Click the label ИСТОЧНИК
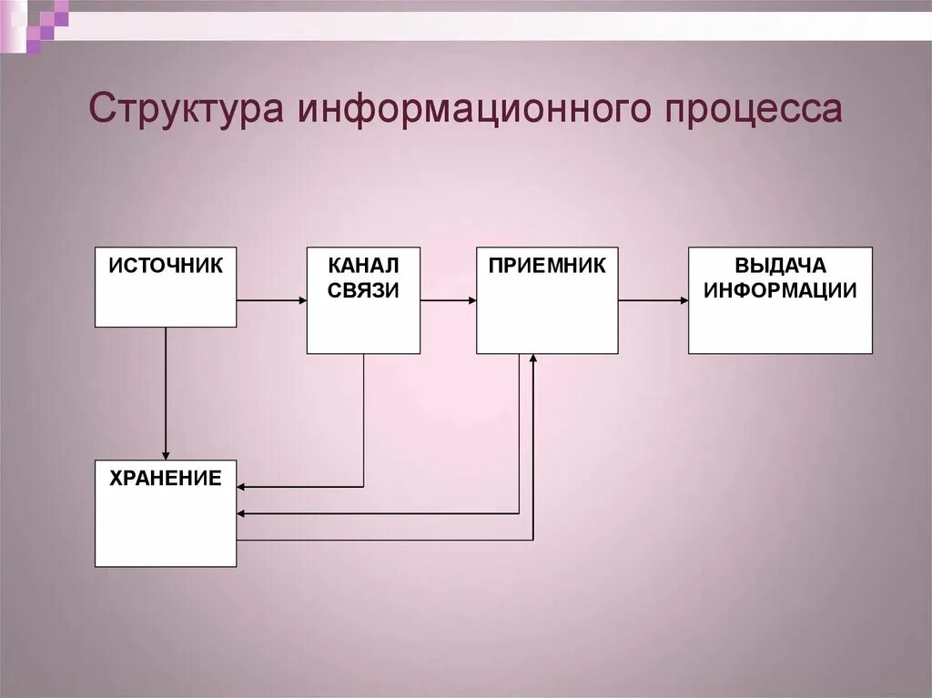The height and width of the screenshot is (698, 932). (x=166, y=266)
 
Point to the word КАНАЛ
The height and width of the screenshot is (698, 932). (x=363, y=266)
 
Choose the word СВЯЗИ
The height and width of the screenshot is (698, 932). (x=363, y=289)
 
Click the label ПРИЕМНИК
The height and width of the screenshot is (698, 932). (x=546, y=266)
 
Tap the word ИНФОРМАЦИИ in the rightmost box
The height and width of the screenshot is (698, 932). (x=780, y=290)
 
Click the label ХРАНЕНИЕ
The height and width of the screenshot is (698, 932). (x=166, y=479)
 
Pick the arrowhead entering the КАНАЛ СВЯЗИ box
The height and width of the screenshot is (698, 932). (x=301, y=299)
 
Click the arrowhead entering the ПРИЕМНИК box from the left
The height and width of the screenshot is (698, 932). (x=471, y=299)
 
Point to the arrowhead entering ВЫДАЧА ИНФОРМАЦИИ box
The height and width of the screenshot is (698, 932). (x=683, y=299)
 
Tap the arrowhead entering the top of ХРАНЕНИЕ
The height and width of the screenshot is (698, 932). (x=166, y=455)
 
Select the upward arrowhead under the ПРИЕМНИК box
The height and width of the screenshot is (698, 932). (x=532, y=359)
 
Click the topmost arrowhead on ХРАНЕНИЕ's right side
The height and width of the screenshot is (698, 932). (x=242, y=487)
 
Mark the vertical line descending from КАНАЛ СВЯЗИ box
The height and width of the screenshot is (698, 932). (x=364, y=419)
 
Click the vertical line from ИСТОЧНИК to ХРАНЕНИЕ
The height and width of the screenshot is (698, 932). (x=166, y=391)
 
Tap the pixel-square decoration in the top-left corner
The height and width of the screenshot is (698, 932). (x=46, y=23)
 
